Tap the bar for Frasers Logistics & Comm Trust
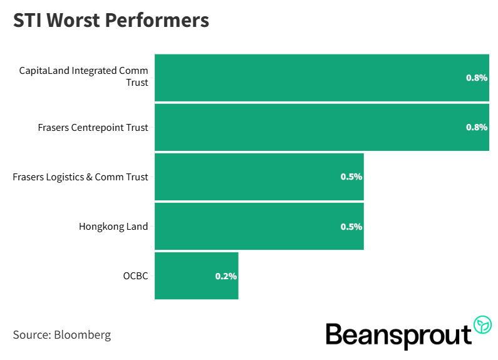[x=251, y=177]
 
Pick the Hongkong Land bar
[x=251, y=226]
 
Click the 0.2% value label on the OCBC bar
[x=226, y=276]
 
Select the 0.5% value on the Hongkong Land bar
[x=351, y=227]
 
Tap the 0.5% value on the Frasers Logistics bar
[x=351, y=177]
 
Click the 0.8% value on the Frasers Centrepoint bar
[x=476, y=127]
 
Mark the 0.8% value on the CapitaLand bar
[x=476, y=78]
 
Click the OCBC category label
[x=136, y=276]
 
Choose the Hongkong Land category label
[x=113, y=227]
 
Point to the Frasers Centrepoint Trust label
[x=93, y=128]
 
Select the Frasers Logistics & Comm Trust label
[x=80, y=177]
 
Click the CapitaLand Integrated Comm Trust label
[x=84, y=76]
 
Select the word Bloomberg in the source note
[x=83, y=335]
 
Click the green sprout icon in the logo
[x=482, y=324]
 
